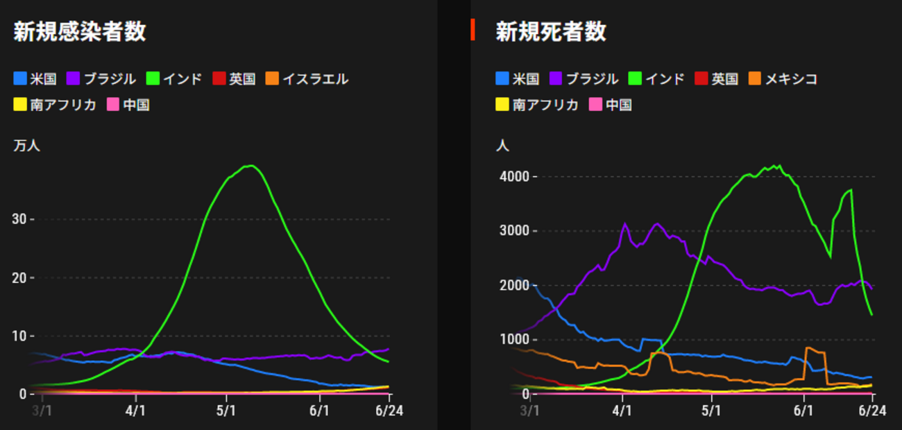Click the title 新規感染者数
coord(80,32)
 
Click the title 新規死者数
coord(551,32)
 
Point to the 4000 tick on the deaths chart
coord(513,177)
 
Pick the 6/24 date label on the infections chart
coord(389,411)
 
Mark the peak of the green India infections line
coord(250,166)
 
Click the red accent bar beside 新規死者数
coord(473,30)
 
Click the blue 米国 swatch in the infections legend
coord(20,79)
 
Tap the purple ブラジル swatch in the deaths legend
coord(556,79)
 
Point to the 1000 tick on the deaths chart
coord(513,340)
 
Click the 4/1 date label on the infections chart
coord(136,411)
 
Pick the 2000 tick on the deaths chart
coord(513,286)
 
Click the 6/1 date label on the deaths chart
coord(803,411)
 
